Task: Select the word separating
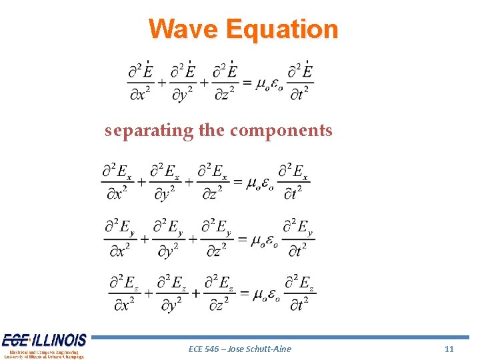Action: tap(149, 130)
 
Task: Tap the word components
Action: tap(281, 130)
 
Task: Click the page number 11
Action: tap(449, 349)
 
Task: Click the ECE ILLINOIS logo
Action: tap(43, 345)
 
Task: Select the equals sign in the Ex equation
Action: tap(236, 181)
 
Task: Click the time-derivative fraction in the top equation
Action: tap(300, 82)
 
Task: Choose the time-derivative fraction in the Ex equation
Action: tap(293, 181)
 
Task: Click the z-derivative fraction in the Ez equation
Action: tap(219, 294)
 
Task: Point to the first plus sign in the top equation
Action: tap(162, 83)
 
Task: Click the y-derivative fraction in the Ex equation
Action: tap(165, 181)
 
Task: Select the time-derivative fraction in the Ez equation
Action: tap(299, 294)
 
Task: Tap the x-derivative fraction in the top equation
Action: tap(140, 82)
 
